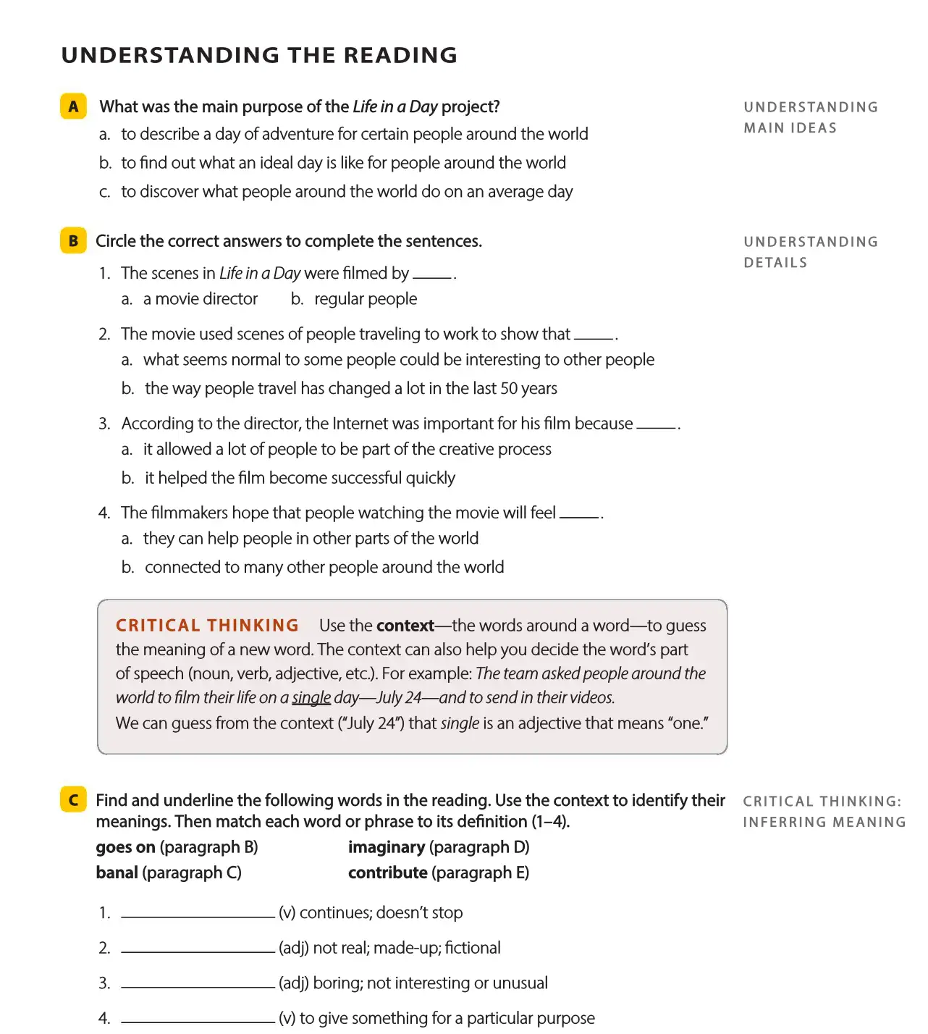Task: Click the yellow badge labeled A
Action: tap(73, 106)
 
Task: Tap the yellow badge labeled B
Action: tap(73, 241)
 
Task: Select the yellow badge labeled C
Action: tap(73, 800)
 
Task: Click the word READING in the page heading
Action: tap(400, 55)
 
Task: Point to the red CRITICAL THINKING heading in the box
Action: tap(207, 626)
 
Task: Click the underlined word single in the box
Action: tap(311, 698)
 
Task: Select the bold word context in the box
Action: tap(405, 626)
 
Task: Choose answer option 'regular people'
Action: tap(365, 299)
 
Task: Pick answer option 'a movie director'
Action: tap(200, 299)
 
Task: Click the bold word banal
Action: tap(117, 873)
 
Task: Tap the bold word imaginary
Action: tap(387, 847)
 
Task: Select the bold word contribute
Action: tap(387, 873)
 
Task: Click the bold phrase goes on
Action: tap(125, 847)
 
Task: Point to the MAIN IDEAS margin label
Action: tap(790, 128)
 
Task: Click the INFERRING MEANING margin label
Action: tap(824, 823)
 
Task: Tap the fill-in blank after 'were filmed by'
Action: tap(432, 276)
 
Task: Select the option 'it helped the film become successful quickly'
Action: tap(300, 478)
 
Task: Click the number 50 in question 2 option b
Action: tap(509, 389)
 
